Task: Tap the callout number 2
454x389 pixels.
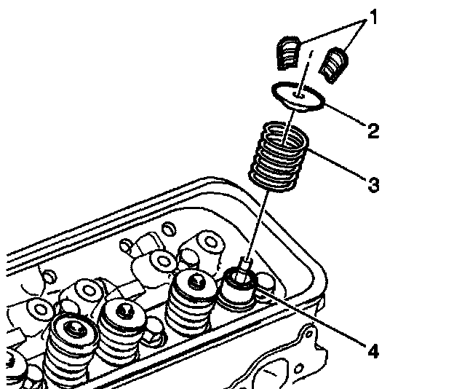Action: tap(373, 131)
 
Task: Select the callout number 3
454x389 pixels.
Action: tap(373, 184)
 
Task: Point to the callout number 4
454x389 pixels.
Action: tap(373, 351)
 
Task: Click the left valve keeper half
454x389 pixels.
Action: tap(290, 53)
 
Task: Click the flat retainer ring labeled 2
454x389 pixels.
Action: tap(298, 95)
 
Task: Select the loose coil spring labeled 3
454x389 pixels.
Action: tap(279, 153)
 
